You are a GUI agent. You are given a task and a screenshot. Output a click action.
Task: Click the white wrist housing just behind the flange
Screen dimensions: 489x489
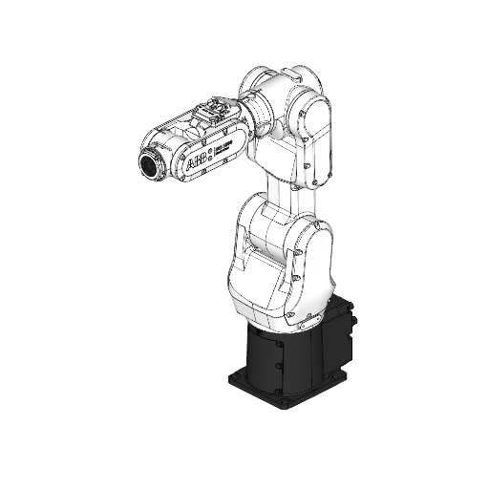pyautogui.click(x=172, y=153)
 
